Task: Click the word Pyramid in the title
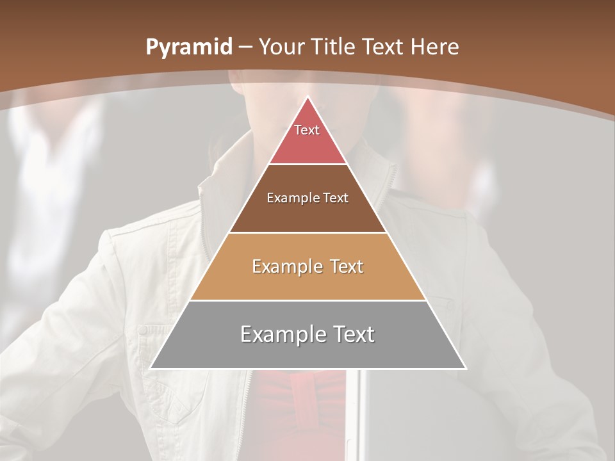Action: tap(188, 47)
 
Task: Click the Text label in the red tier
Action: tap(307, 130)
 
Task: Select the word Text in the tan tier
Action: tap(346, 266)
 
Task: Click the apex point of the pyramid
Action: tap(307, 97)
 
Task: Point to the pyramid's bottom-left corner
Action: tap(151, 368)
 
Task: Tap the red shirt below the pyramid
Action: tap(301, 410)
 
